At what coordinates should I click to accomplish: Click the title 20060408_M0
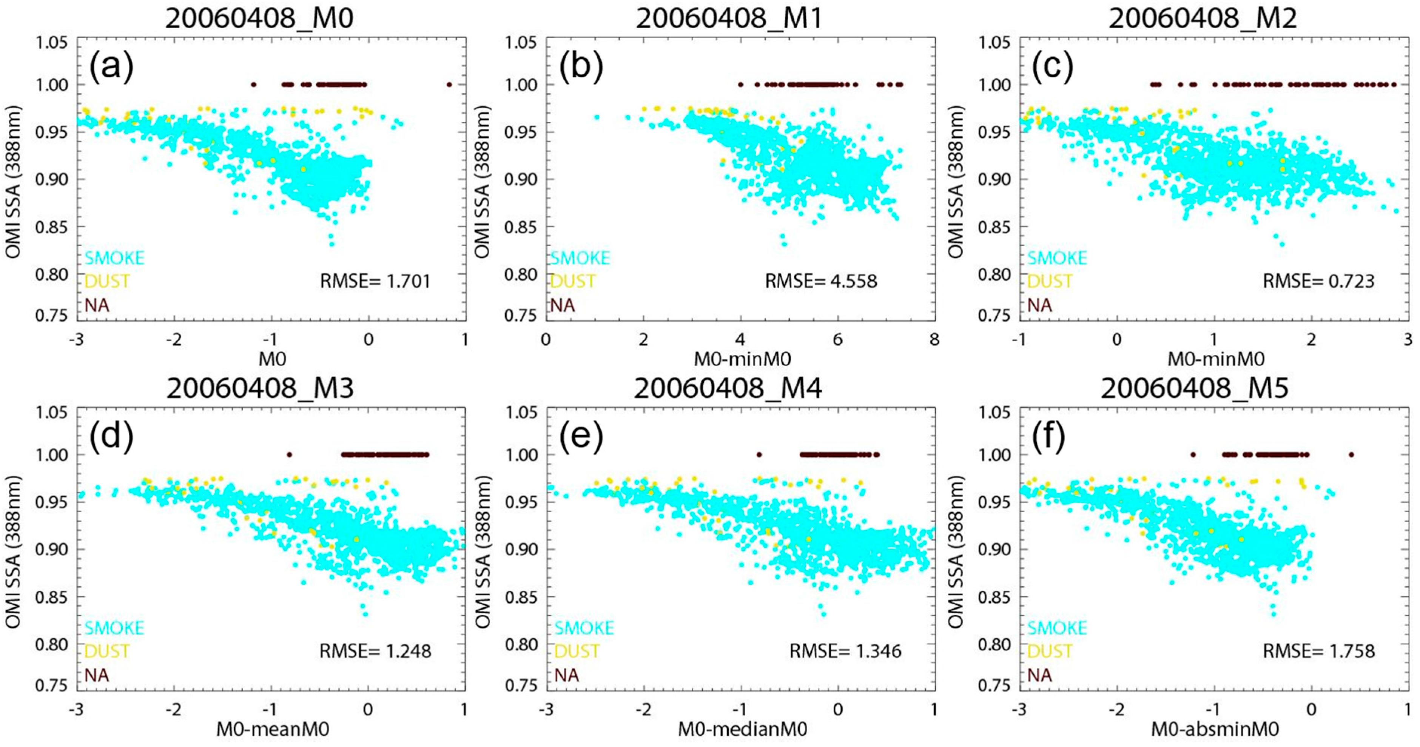click(x=259, y=18)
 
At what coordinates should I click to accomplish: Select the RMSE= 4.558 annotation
click(x=820, y=281)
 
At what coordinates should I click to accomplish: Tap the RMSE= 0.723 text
click(x=1318, y=281)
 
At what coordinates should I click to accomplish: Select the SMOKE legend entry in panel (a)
click(x=114, y=257)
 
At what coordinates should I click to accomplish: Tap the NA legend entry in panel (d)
click(x=97, y=675)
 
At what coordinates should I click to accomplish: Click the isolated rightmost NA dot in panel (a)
click(x=449, y=84)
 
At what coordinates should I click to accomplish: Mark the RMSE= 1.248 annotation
click(x=375, y=651)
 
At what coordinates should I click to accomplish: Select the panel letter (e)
click(x=581, y=437)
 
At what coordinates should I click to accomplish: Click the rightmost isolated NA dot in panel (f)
click(x=1351, y=455)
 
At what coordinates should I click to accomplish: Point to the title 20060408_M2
click(x=1203, y=18)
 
